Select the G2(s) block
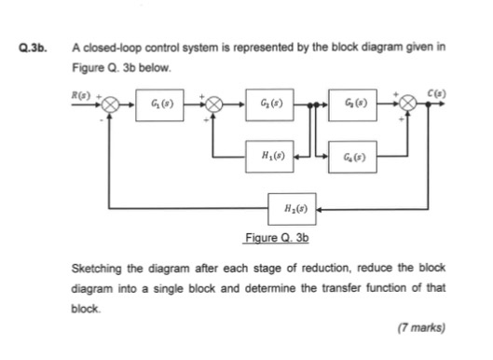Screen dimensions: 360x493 (273, 103)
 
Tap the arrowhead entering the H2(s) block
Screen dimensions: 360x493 (320, 210)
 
